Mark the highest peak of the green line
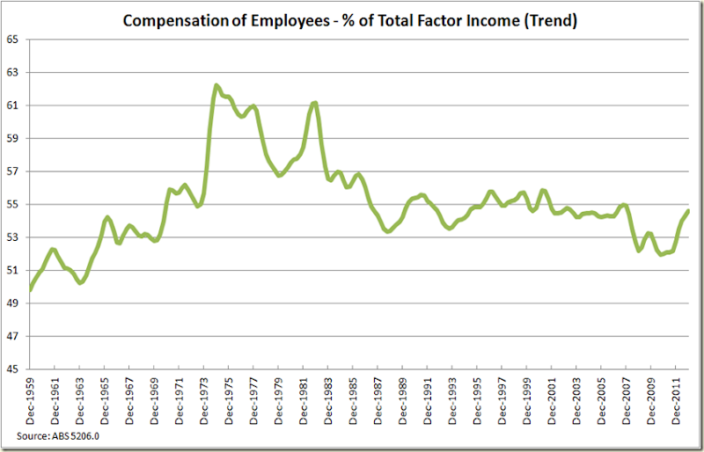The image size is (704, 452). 216,85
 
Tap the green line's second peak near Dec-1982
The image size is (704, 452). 314,103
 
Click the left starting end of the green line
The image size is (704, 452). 31,288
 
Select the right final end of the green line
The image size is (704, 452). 687,210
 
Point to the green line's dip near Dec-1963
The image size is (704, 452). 80,282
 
